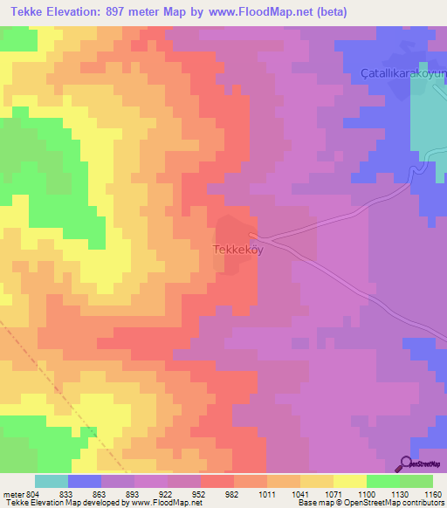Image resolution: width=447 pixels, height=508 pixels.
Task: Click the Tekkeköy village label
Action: click(237, 249)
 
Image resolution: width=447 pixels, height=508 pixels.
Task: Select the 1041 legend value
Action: click(301, 493)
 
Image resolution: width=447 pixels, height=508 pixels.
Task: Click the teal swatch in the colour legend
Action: click(52, 481)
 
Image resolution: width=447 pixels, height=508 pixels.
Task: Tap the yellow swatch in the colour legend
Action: click(350, 481)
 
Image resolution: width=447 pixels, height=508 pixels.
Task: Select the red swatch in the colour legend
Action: click(217, 481)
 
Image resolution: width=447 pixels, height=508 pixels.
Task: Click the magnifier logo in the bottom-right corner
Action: click(406, 463)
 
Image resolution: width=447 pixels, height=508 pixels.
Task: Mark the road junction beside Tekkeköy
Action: click(254, 234)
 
